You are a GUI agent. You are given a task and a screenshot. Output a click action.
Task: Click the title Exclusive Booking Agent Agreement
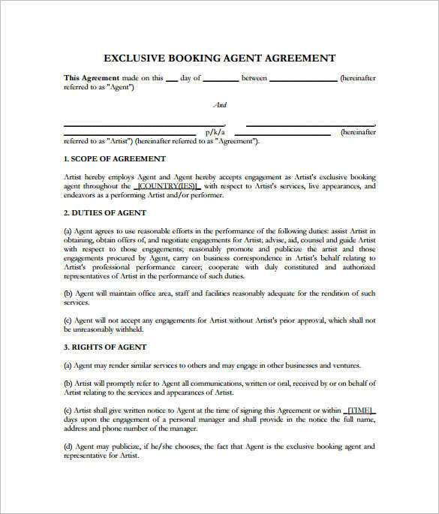click(219, 59)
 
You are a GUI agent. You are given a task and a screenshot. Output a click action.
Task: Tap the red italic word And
click(220, 105)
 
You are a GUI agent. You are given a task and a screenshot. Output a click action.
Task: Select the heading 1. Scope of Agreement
click(115, 159)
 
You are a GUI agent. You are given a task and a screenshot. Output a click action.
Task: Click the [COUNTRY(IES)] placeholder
click(167, 186)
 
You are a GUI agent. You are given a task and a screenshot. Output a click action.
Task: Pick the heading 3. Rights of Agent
click(105, 347)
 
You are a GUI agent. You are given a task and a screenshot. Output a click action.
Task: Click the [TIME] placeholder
click(359, 410)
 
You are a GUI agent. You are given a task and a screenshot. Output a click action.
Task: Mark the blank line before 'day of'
click(171, 78)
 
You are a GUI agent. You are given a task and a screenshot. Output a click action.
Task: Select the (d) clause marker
click(68, 446)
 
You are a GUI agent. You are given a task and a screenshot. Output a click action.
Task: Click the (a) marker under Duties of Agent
click(68, 231)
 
